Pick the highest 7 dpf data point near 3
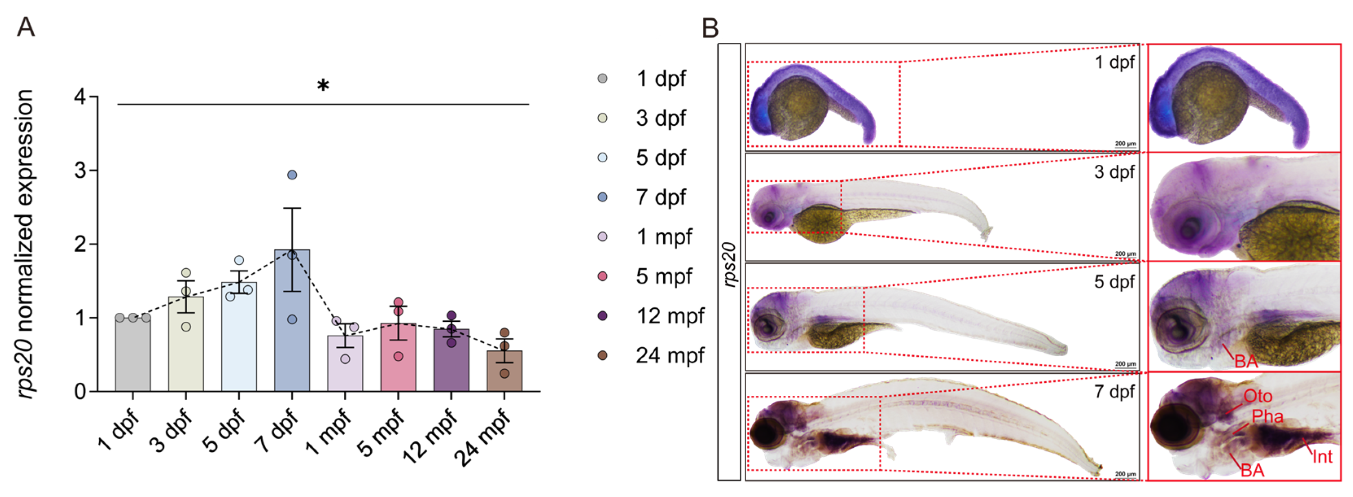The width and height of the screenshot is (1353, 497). click(292, 175)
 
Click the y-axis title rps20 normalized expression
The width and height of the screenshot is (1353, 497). click(25, 244)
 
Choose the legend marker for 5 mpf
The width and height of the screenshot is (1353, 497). click(603, 276)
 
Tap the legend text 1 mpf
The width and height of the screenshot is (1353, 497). click(664, 237)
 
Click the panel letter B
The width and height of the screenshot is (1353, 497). click(710, 27)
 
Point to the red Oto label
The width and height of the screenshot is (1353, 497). click(1257, 396)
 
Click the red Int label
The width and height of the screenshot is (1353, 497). click(1322, 457)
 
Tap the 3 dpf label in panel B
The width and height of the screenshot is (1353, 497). click(1114, 172)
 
